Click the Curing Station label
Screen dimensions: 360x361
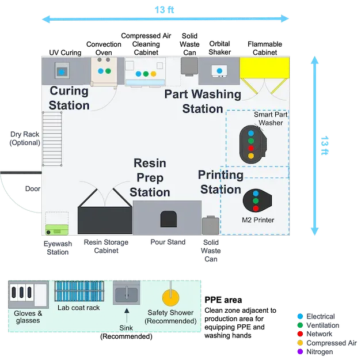[69, 98]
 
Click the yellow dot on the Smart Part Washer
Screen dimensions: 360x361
[250, 156]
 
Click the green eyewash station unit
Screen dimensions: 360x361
[57, 228]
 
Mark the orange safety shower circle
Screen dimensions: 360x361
[170, 297]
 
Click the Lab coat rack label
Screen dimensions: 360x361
[78, 308]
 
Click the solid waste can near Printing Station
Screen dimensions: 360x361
[210, 225]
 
